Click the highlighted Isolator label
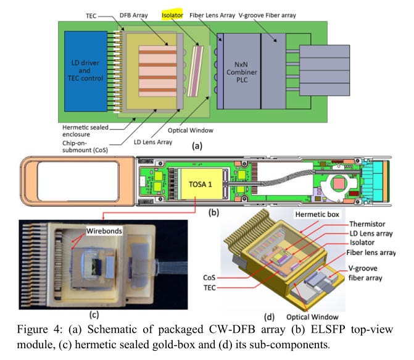click(172, 15)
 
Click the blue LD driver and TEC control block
click(86, 71)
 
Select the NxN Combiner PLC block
click(242, 71)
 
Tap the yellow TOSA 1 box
click(200, 184)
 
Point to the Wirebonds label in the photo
click(104, 231)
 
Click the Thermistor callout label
click(367, 224)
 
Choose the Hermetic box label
click(317, 214)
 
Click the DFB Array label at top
click(134, 15)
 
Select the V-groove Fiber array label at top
click(267, 15)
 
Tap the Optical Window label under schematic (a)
click(191, 130)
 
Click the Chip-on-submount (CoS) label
click(85, 147)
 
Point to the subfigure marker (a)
click(197, 146)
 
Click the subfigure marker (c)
click(94, 314)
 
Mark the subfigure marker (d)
click(269, 317)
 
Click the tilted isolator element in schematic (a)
click(196, 71)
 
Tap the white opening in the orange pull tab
click(78, 181)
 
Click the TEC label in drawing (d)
click(210, 288)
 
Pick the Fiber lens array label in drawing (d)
click(371, 253)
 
